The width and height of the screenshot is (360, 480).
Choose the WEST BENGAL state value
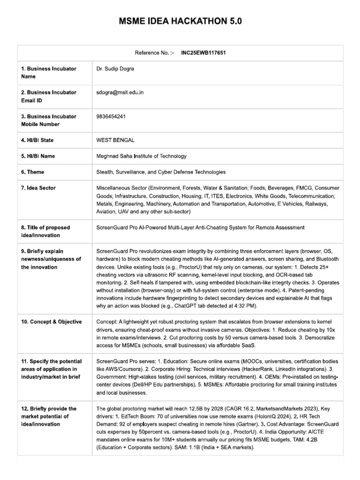click(115, 140)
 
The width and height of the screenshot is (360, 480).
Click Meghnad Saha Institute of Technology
click(141, 156)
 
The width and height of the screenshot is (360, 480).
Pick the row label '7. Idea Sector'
click(38, 188)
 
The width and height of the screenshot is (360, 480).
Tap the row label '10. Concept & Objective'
click(51, 322)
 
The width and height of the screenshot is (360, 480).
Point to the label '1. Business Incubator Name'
click(48, 72)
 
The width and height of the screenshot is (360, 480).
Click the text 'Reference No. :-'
click(154, 53)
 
